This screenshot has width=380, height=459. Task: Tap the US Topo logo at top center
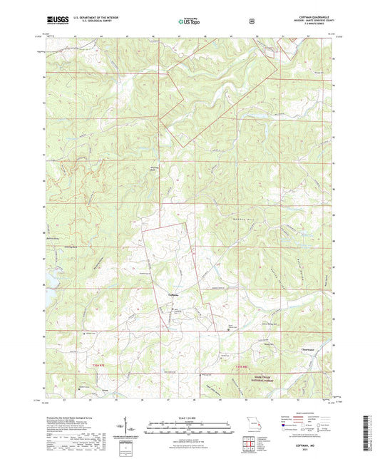(187, 22)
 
